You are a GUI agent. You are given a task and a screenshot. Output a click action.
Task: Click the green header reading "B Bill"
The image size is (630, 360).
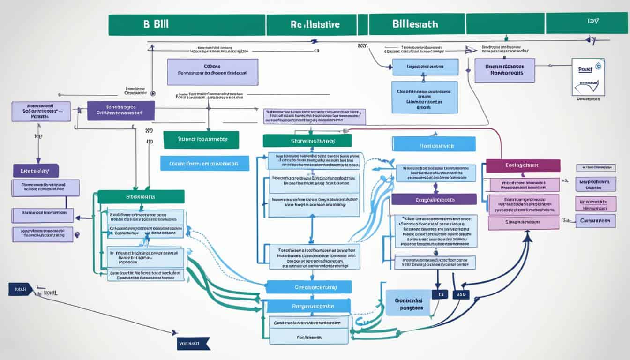(x=187, y=24)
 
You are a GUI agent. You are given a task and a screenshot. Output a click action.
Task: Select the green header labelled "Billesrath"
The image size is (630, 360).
(x=417, y=24)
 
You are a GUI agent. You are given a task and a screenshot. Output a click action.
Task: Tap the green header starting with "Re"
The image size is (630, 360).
(x=311, y=24)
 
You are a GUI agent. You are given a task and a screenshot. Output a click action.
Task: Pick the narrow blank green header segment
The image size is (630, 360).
(x=362, y=24)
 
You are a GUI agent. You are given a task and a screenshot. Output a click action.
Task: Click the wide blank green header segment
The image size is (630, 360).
(x=504, y=23)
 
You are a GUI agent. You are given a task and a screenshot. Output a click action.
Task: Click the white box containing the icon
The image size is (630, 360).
(x=588, y=77)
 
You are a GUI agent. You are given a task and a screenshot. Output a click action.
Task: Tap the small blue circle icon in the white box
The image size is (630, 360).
(x=597, y=66)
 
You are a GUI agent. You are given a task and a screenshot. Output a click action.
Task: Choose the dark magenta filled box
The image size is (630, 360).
(x=523, y=165)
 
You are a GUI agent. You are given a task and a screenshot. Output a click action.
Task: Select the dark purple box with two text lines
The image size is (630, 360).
(x=121, y=111)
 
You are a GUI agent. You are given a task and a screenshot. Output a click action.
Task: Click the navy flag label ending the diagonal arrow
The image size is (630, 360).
(x=194, y=344)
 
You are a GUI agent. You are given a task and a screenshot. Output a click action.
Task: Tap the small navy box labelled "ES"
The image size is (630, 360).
(x=440, y=294)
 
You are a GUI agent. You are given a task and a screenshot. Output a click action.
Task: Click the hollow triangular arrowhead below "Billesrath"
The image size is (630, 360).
(x=467, y=49)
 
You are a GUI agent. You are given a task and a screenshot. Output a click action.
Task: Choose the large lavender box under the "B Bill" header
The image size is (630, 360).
(x=212, y=72)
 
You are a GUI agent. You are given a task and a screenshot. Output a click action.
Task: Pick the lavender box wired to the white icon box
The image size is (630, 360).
(x=504, y=70)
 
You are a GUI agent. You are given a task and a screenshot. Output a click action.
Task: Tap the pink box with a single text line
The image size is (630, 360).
(x=523, y=223)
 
